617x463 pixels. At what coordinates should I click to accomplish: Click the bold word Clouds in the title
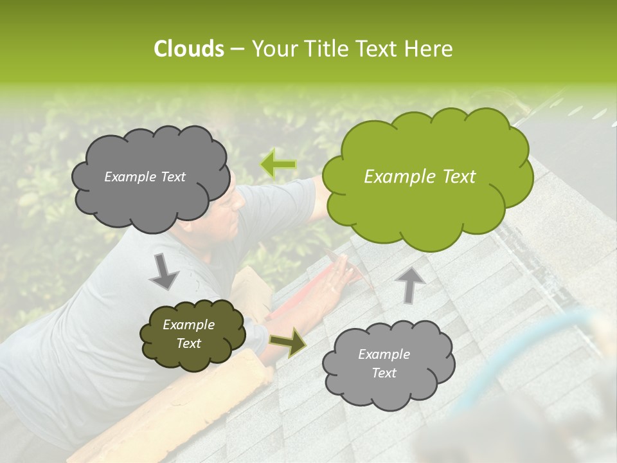pos(188,49)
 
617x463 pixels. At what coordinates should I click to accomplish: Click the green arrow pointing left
pos(278,165)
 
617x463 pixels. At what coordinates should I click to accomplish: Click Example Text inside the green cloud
pos(420,177)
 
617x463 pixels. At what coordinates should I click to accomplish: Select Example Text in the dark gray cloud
pos(145,177)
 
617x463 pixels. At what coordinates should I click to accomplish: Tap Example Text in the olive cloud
pos(189,334)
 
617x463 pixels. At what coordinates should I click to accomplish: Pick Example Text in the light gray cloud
pos(384,363)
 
